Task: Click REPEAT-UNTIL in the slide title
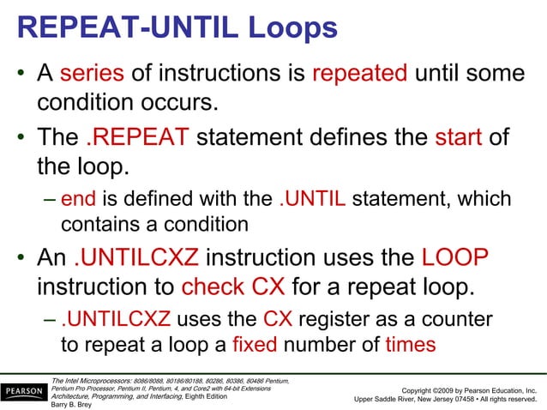(x=129, y=27)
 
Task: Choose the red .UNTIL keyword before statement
(x=313, y=200)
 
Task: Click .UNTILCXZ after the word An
(x=137, y=258)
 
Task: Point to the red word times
(x=411, y=345)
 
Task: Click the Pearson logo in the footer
(x=25, y=392)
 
